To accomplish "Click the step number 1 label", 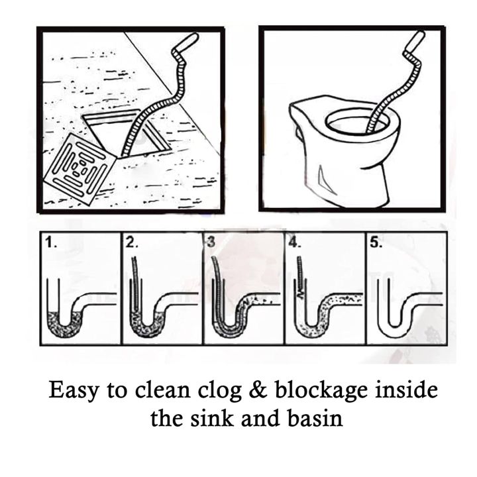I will tap(50, 243).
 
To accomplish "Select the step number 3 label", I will tap(211, 243).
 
